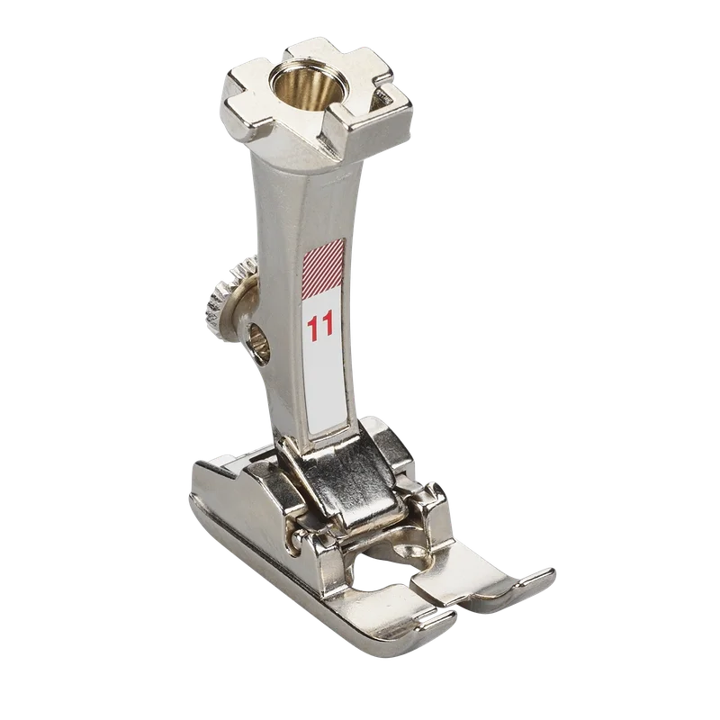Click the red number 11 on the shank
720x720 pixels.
[x=320, y=328]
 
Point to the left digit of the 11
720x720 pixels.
[x=313, y=328]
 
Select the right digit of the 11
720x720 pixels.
[x=328, y=327]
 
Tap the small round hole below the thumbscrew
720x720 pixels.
[x=258, y=345]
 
